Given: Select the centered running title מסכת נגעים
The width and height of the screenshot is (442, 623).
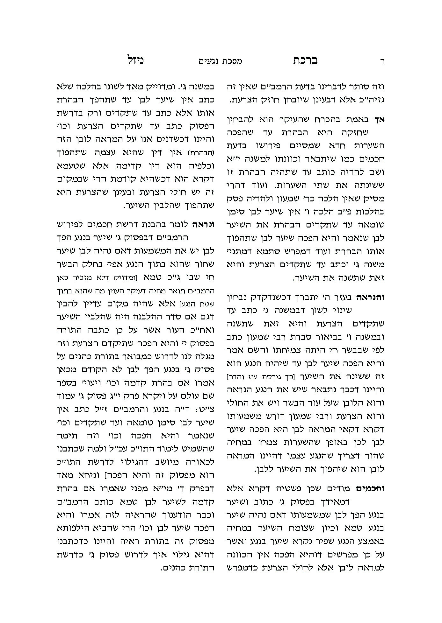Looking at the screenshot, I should coord(221,61).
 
